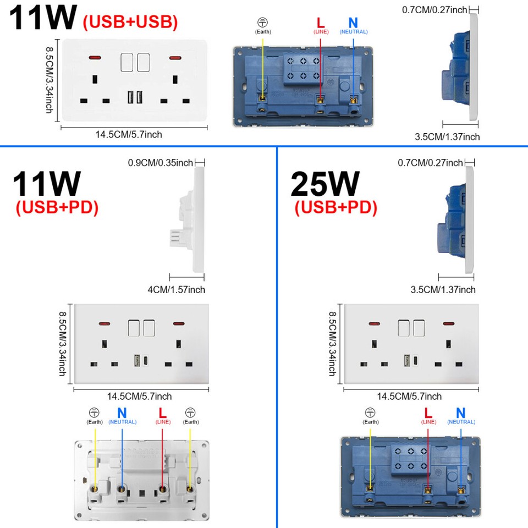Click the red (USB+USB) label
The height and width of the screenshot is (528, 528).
(x=130, y=22)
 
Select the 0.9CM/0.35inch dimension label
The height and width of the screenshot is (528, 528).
(x=160, y=163)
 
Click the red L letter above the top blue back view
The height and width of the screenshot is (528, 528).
(x=321, y=23)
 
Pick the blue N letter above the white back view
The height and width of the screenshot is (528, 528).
(x=122, y=413)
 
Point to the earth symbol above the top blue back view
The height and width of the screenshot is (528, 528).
(x=262, y=23)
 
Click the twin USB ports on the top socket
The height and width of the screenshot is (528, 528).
(x=135, y=97)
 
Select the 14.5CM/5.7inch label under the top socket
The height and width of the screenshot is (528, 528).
(x=129, y=134)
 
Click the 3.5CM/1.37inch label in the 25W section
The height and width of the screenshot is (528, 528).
(x=443, y=290)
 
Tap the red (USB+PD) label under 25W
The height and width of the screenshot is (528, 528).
(x=335, y=207)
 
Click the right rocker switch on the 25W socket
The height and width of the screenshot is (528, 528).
(x=419, y=328)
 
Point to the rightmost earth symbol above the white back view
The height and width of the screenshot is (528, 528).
(x=191, y=413)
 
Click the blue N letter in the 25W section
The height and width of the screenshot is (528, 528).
(x=461, y=413)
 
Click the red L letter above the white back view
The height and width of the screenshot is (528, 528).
(x=162, y=413)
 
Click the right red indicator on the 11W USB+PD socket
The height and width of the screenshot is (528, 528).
(x=179, y=323)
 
